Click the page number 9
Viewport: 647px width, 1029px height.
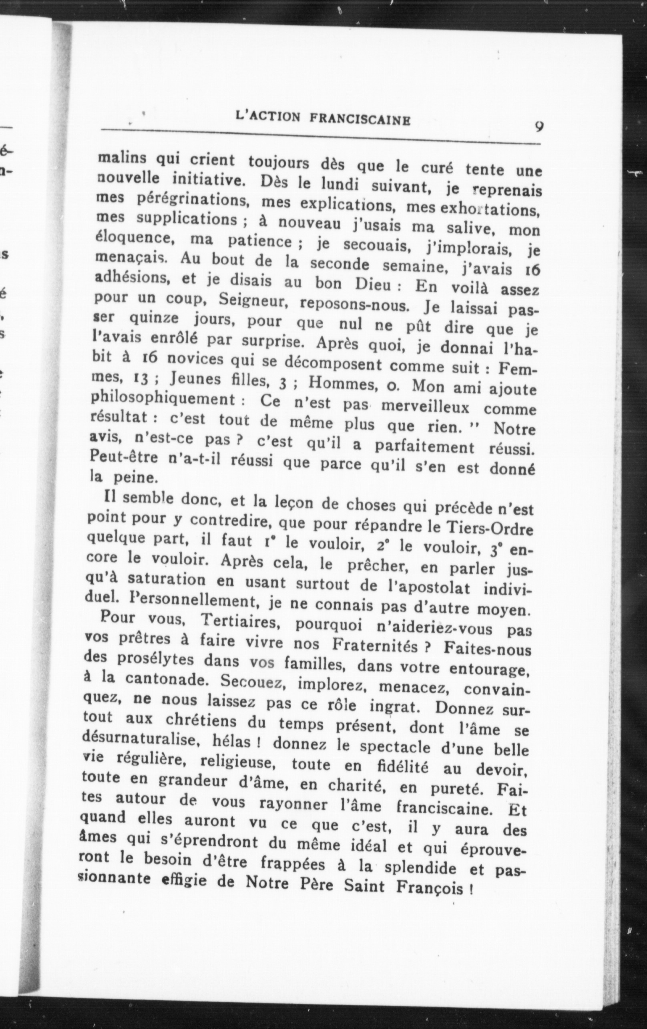click(539, 127)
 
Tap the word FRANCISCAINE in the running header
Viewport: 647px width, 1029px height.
click(360, 119)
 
